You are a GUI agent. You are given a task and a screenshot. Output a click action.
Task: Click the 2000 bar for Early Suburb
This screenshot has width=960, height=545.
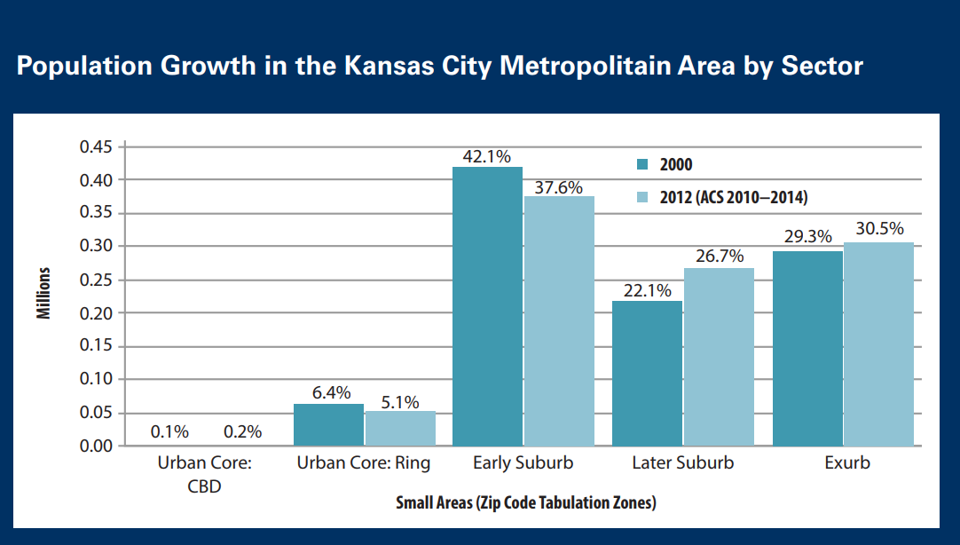pyautogui.click(x=487, y=306)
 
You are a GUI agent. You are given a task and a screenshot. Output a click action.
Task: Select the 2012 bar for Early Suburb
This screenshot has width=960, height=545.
pyautogui.click(x=559, y=320)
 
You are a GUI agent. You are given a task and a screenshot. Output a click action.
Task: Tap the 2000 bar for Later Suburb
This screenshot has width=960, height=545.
pyautogui.click(x=647, y=373)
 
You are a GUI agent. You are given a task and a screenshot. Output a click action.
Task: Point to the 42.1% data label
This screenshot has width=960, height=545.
pyautogui.click(x=487, y=157)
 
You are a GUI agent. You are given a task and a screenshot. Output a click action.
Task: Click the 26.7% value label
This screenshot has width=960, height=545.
pyautogui.click(x=720, y=257)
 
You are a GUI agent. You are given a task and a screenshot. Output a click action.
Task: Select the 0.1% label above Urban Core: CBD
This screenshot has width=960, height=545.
pyautogui.click(x=169, y=432)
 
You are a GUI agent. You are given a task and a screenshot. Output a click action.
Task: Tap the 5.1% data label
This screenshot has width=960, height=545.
pyautogui.click(x=400, y=401)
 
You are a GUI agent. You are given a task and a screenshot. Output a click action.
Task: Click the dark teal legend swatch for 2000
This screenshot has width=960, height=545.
pyautogui.click(x=644, y=164)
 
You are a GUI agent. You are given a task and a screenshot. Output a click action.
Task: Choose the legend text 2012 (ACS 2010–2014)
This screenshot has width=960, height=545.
pyautogui.click(x=733, y=197)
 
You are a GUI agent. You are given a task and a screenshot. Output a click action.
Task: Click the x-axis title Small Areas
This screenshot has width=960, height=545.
pyautogui.click(x=525, y=503)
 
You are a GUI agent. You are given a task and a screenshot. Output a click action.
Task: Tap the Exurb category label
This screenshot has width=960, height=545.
pyautogui.click(x=846, y=463)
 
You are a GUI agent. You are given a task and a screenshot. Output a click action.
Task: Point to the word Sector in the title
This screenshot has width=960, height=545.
pyautogui.click(x=821, y=67)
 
